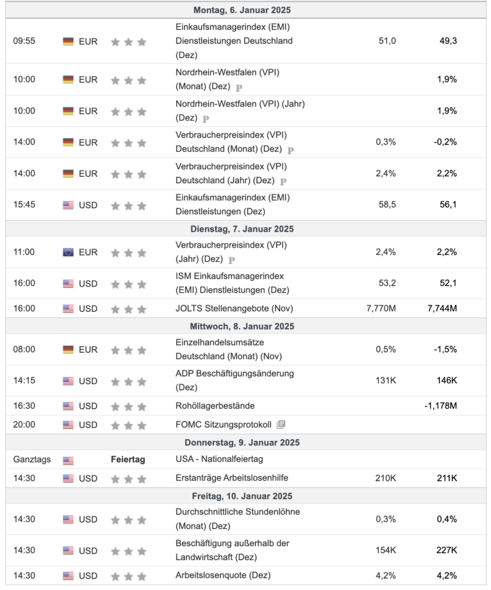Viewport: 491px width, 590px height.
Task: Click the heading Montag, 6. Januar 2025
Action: click(x=242, y=10)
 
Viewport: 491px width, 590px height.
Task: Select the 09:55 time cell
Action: click(x=24, y=41)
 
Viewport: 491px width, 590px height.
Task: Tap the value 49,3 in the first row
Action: click(x=447, y=41)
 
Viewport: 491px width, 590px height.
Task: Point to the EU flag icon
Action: click(x=68, y=252)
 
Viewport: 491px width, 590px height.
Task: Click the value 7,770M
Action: click(x=381, y=308)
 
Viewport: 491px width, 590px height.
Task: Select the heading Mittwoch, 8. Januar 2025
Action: click(x=242, y=326)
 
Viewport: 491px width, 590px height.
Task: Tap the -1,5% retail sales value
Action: click(x=445, y=349)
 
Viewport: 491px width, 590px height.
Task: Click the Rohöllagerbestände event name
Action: click(x=215, y=406)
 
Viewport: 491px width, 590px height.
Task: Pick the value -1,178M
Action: click(x=440, y=406)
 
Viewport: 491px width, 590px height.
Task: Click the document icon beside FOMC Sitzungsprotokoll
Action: click(x=281, y=425)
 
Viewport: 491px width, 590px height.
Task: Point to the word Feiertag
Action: click(x=128, y=460)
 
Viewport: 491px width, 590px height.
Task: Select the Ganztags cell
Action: click(x=32, y=460)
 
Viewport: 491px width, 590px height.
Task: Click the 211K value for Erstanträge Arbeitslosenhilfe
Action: click(x=447, y=478)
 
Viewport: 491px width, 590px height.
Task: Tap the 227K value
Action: click(x=447, y=550)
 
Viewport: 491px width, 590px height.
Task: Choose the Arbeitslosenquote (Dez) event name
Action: click(x=223, y=575)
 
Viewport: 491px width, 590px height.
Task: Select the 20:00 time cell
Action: click(x=24, y=425)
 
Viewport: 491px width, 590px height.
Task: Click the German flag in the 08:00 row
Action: click(x=68, y=350)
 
